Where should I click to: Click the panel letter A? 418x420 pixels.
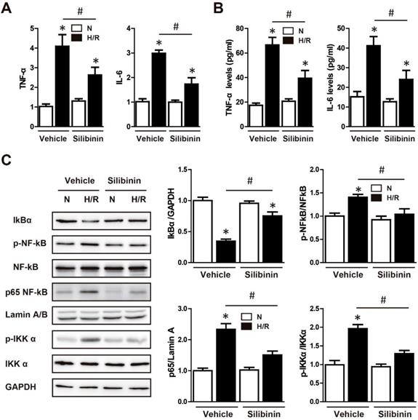pos(8,9)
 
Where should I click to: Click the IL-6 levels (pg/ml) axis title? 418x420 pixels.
pos(334,73)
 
